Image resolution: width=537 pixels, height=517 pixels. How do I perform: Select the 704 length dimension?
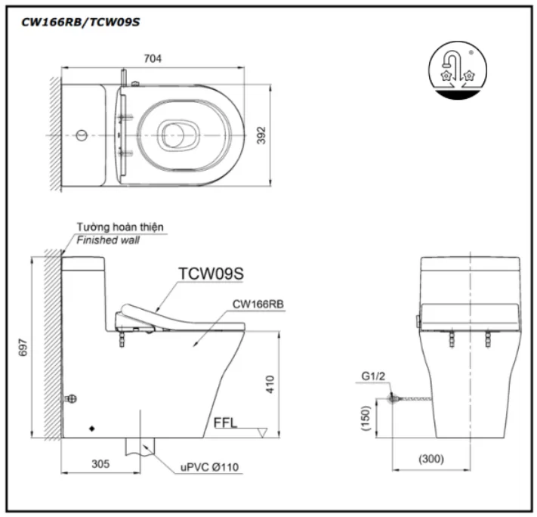click(153, 58)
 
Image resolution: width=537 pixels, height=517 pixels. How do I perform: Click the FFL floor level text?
click(225, 423)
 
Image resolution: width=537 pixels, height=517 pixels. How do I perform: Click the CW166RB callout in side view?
click(259, 304)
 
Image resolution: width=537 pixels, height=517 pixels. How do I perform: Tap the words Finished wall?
click(107, 240)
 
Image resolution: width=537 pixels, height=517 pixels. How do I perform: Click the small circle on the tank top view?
click(82, 136)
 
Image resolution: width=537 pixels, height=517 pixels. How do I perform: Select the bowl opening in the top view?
click(179, 136)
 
